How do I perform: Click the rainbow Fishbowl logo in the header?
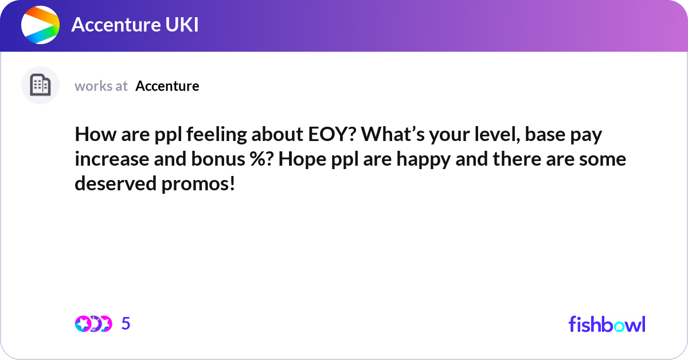40,25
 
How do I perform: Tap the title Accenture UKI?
135,25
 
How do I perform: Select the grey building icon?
40,85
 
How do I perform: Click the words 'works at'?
101,86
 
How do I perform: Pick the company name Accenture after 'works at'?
167,86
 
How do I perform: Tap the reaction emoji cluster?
93,324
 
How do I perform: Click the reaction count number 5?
126,324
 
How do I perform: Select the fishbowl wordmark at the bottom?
607,324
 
